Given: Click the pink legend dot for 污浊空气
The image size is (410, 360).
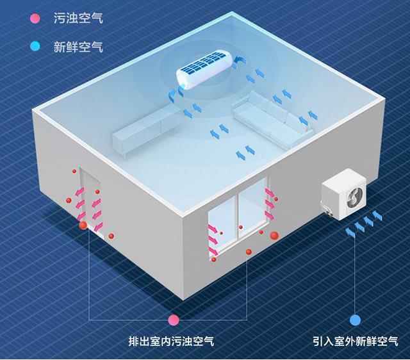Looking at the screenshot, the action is pyautogui.click(x=35, y=19).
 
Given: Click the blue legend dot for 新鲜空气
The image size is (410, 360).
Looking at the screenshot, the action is pyautogui.click(x=35, y=47).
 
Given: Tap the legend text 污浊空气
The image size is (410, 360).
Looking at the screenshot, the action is pyautogui.click(x=78, y=19).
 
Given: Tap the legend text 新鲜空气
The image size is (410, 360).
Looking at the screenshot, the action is pyautogui.click(x=78, y=47).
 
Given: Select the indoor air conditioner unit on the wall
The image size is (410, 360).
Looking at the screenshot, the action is pyautogui.click(x=204, y=70).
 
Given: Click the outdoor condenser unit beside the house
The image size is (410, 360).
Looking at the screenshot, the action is pyautogui.click(x=343, y=194).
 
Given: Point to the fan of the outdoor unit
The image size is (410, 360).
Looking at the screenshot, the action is pyautogui.click(x=354, y=199).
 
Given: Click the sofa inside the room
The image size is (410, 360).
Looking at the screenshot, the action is pyautogui.click(x=274, y=120).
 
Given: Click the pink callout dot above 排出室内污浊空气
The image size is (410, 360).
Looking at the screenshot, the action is pyautogui.click(x=174, y=320).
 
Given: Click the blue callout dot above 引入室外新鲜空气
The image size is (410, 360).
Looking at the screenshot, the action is pyautogui.click(x=355, y=320).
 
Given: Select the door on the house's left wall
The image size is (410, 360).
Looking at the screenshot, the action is pyautogui.click(x=91, y=200).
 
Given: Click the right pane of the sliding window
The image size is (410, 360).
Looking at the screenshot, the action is pyautogui.click(x=253, y=207).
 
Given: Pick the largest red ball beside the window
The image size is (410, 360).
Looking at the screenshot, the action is pyautogui.click(x=274, y=235).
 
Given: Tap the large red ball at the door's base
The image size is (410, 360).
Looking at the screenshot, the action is pyautogui.click(x=84, y=225).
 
